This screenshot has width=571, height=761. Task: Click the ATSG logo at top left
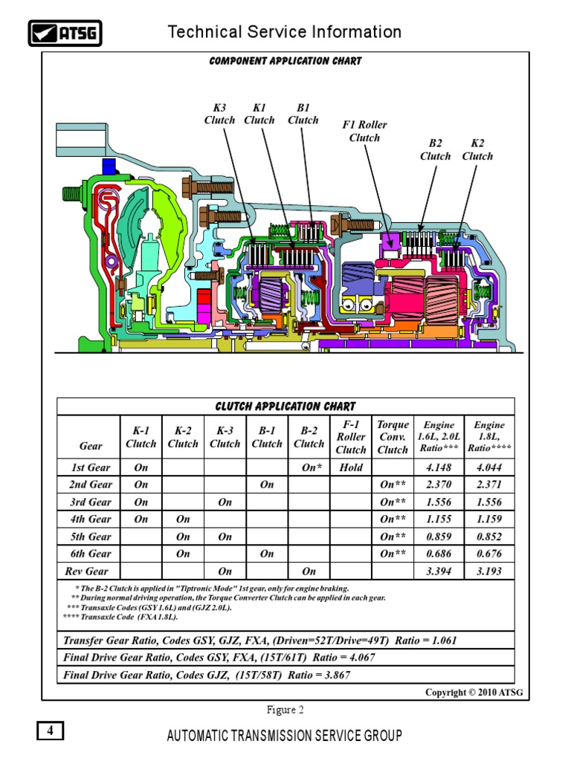point(65,33)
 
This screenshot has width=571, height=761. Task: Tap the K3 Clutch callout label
point(219,114)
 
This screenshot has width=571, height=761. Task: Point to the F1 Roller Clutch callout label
point(364,131)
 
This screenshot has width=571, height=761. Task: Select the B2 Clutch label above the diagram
point(435,149)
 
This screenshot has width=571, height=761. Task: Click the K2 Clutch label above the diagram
point(477,149)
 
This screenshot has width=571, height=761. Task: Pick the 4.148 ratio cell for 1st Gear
point(439,468)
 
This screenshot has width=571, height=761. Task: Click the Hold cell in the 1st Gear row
point(351,468)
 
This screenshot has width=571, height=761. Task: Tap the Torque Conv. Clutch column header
point(393,437)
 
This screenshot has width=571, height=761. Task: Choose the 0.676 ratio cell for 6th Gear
point(486,554)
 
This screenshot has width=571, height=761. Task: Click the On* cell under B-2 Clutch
point(309,468)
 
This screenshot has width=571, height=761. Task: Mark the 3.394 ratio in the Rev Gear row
point(439,571)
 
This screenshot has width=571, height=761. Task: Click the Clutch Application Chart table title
point(285,407)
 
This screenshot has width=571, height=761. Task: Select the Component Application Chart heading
point(285,61)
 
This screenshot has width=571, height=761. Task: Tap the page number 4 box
point(51,731)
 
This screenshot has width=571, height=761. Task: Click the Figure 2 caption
point(285,709)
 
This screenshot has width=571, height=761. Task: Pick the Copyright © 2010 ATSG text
point(474,693)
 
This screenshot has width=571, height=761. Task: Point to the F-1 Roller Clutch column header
point(351,437)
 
